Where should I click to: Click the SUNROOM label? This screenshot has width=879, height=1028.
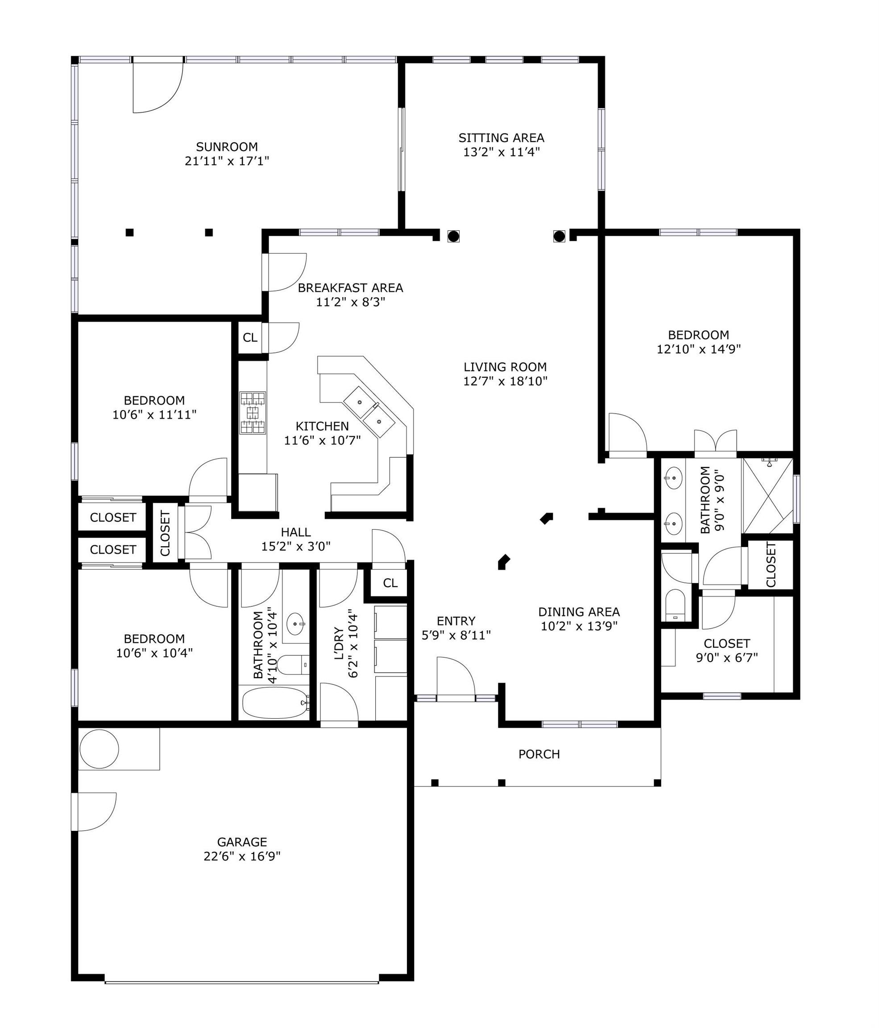[x=227, y=147]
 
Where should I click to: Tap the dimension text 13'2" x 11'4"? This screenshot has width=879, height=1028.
[x=501, y=152]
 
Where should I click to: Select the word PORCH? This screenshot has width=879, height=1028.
[x=539, y=754]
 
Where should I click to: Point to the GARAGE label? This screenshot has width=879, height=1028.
[x=242, y=842]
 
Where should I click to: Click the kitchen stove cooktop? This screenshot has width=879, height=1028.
[x=253, y=413]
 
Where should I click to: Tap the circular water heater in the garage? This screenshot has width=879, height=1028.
[x=99, y=749]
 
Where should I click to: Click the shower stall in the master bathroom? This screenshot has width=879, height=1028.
[x=767, y=496]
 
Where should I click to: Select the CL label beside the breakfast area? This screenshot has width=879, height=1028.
[x=250, y=337]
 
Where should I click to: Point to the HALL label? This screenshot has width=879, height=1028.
[x=296, y=532]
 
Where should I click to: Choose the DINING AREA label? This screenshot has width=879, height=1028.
[x=579, y=612]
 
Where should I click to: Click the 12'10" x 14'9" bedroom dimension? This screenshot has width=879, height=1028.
[x=698, y=349]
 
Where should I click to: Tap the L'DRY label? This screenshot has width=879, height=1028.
[x=339, y=643]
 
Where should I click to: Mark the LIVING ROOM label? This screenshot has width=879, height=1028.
[x=505, y=367]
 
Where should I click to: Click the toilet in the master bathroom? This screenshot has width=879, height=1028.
[x=674, y=605]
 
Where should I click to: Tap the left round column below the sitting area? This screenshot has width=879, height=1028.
[x=453, y=236]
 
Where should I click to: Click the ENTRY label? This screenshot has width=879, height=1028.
[x=456, y=621]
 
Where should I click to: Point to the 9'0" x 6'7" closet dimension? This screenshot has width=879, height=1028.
[x=727, y=658]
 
